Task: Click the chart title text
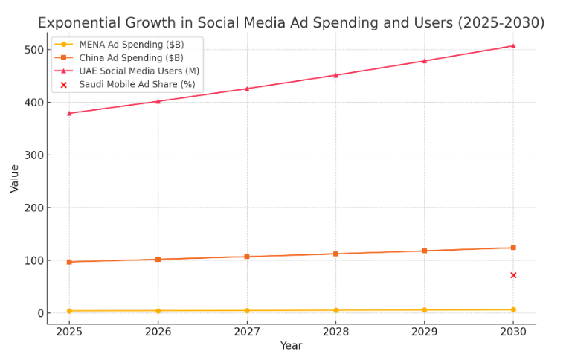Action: pyautogui.click(x=291, y=23)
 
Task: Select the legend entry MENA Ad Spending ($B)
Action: pyautogui.click(x=131, y=45)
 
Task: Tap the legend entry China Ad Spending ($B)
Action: pyautogui.click(x=131, y=58)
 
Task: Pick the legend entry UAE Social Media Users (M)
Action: pyautogui.click(x=138, y=71)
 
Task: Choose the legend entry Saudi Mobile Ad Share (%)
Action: pyautogui.click(x=137, y=85)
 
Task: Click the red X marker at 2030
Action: pyautogui.click(x=512, y=275)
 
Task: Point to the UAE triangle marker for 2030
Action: pyautogui.click(x=512, y=46)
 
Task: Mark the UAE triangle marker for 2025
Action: pyautogui.click(x=69, y=113)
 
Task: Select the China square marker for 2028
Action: pyautogui.click(x=335, y=254)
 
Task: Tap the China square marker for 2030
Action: pyautogui.click(x=512, y=248)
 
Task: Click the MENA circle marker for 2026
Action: pyautogui.click(x=158, y=311)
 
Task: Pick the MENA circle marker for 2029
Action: pyautogui.click(x=424, y=310)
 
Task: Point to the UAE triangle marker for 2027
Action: pyautogui.click(x=247, y=89)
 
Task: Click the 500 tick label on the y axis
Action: pyautogui.click(x=31, y=50)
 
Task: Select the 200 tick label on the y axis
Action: pyautogui.click(x=31, y=208)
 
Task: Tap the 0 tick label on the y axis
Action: pyautogui.click(x=37, y=313)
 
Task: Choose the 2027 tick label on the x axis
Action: pyautogui.click(x=247, y=331)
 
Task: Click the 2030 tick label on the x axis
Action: pyautogui.click(x=512, y=331)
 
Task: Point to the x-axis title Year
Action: pyautogui.click(x=291, y=346)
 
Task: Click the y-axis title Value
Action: pyautogui.click(x=15, y=179)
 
